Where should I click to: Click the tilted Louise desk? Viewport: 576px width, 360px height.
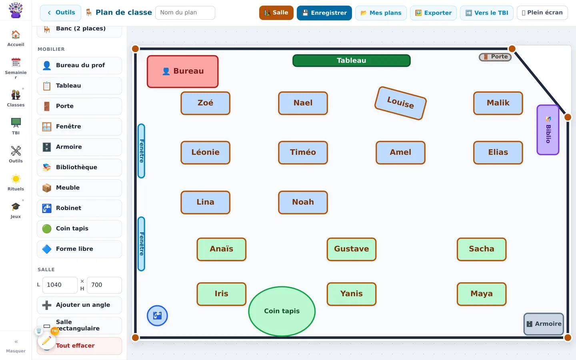click(400, 103)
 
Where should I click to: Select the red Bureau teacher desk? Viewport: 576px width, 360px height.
click(182, 72)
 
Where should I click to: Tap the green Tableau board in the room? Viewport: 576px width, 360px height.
click(352, 60)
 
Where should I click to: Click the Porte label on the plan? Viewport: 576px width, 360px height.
click(495, 57)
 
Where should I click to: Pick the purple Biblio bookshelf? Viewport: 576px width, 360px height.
click(548, 130)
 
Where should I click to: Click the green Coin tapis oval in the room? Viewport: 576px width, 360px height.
click(282, 311)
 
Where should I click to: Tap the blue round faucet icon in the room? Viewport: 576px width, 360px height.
click(157, 316)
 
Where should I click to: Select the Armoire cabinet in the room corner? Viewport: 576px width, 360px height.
click(544, 324)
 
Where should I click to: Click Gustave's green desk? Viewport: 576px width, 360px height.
click(352, 249)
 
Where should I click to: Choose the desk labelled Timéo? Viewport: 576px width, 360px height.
click(303, 152)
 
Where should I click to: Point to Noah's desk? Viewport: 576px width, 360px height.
click(303, 202)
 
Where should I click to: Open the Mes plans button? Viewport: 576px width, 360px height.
click(381, 13)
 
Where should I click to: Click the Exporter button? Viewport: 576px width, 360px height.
click(433, 13)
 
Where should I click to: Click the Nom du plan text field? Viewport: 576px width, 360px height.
click(185, 13)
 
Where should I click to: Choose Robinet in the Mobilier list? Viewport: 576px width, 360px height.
click(80, 208)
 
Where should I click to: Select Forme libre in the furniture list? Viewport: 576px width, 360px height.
click(80, 249)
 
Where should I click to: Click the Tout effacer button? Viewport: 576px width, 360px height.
click(80, 346)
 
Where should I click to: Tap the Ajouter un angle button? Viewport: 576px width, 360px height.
click(80, 305)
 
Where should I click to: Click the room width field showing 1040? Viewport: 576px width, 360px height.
click(60, 285)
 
